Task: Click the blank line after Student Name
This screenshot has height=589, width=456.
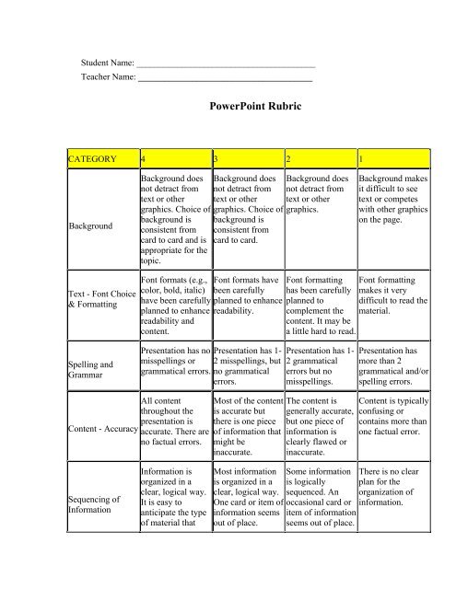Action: pyautogui.click(x=226, y=65)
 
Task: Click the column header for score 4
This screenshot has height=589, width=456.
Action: pyautogui.click(x=140, y=158)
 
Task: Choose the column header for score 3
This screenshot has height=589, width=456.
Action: pyautogui.click(x=215, y=158)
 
